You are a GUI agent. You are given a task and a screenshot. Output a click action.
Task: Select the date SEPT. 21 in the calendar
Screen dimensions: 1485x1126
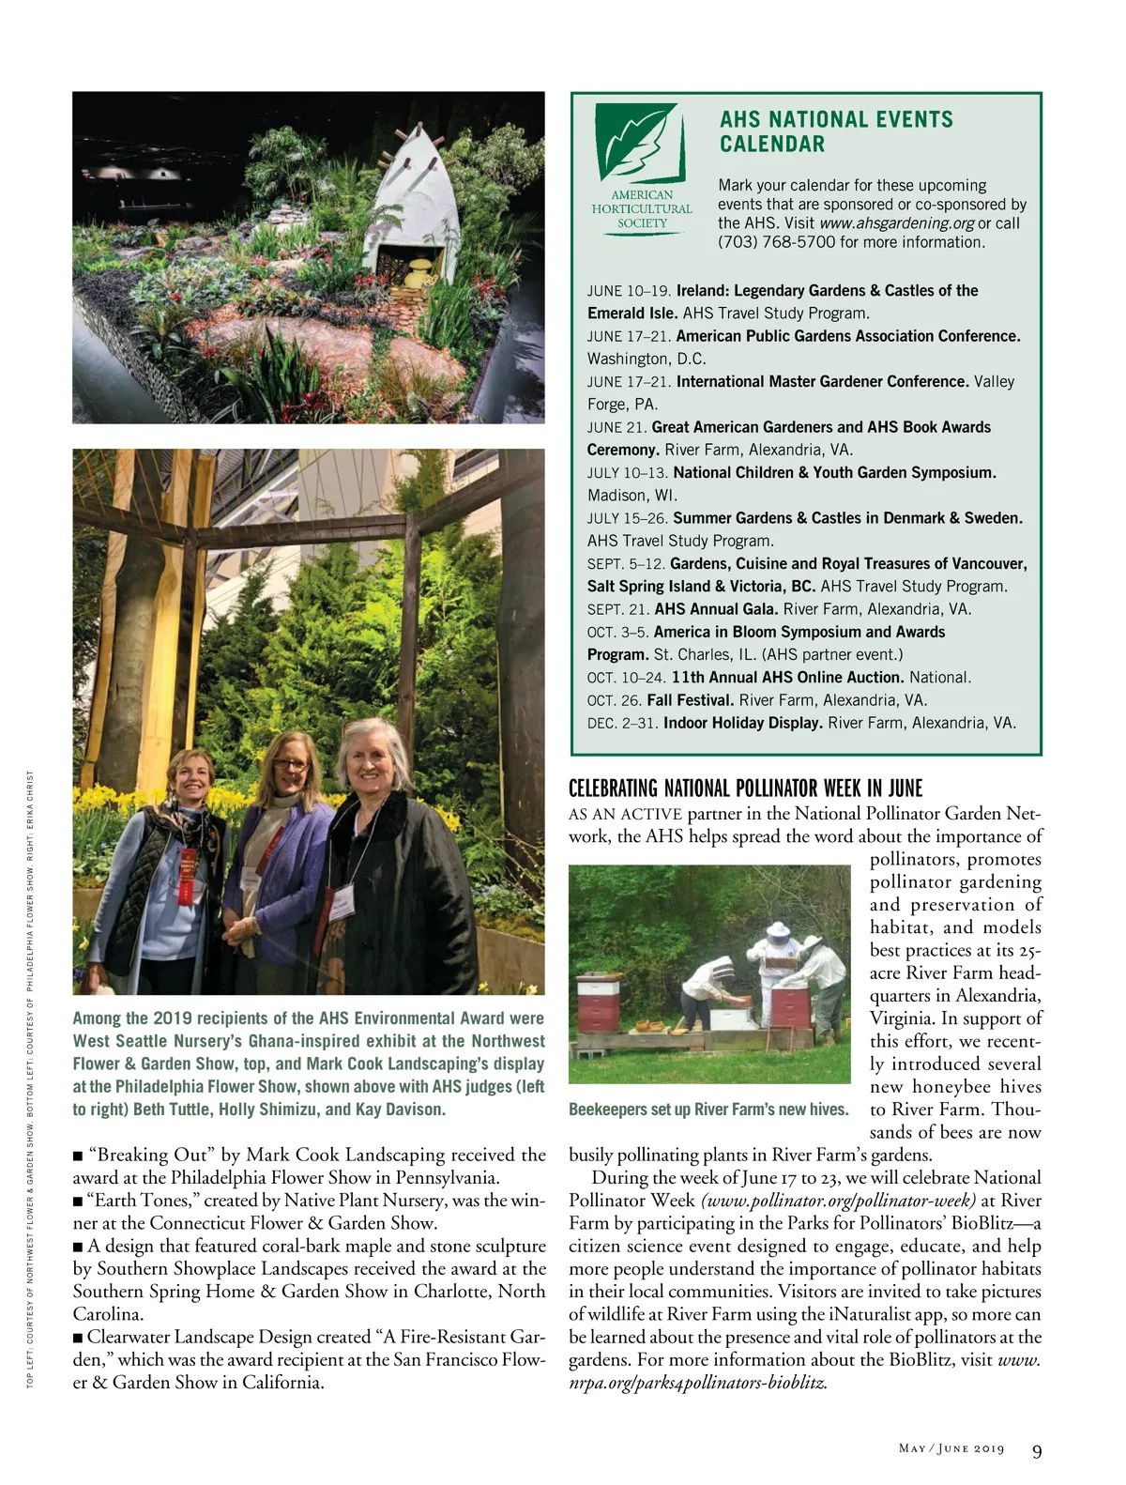(x=618, y=609)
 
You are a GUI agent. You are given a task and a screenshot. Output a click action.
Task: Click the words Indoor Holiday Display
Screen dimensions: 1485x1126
(x=742, y=723)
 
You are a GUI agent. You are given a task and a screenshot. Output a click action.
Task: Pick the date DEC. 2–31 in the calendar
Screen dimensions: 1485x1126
(x=622, y=723)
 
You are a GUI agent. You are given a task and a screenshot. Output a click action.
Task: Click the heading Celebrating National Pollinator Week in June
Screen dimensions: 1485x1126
(x=745, y=788)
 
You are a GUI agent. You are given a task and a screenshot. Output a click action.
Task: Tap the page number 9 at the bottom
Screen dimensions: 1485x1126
(x=1037, y=1451)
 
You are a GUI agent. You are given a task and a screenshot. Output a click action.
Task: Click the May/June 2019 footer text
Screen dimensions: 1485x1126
(x=951, y=1448)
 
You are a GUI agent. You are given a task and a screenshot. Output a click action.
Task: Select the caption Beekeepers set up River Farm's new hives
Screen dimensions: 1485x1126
(x=708, y=1110)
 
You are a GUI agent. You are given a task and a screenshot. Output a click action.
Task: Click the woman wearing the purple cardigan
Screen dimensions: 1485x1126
(x=282, y=864)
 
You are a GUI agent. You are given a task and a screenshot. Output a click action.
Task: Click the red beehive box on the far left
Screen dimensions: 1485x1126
(x=597, y=1004)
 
